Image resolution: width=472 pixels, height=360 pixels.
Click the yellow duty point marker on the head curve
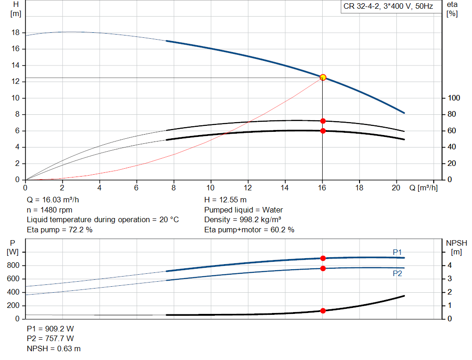[x=323, y=77]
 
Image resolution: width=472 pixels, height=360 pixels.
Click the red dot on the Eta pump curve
[x=323, y=121]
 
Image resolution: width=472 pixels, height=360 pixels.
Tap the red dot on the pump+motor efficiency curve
[x=323, y=131]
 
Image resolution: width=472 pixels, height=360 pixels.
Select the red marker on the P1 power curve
[x=323, y=258]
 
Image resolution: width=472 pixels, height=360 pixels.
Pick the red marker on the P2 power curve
[x=323, y=268]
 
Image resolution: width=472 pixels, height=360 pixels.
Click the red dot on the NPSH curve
[x=323, y=311]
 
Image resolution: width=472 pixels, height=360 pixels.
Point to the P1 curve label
[x=397, y=252]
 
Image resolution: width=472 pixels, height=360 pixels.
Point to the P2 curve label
[x=397, y=274]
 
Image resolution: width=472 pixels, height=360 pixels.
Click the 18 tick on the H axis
[x=16, y=33]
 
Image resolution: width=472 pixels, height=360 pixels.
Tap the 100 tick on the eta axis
[x=454, y=98]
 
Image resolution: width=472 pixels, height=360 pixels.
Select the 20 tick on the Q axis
[x=396, y=188]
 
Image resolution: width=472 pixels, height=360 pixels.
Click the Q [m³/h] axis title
[x=423, y=188]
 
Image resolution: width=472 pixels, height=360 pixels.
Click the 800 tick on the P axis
[x=13, y=266]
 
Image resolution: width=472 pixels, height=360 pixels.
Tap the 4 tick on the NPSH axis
[x=449, y=266]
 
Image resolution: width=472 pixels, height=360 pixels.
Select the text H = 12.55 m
[x=225, y=200]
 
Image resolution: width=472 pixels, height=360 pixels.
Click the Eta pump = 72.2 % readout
[x=59, y=230]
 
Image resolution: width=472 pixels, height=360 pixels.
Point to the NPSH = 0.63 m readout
[x=53, y=348]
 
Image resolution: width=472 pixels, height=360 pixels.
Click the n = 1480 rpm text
[x=49, y=210]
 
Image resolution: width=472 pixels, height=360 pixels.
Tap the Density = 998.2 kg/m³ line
[x=242, y=220]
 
